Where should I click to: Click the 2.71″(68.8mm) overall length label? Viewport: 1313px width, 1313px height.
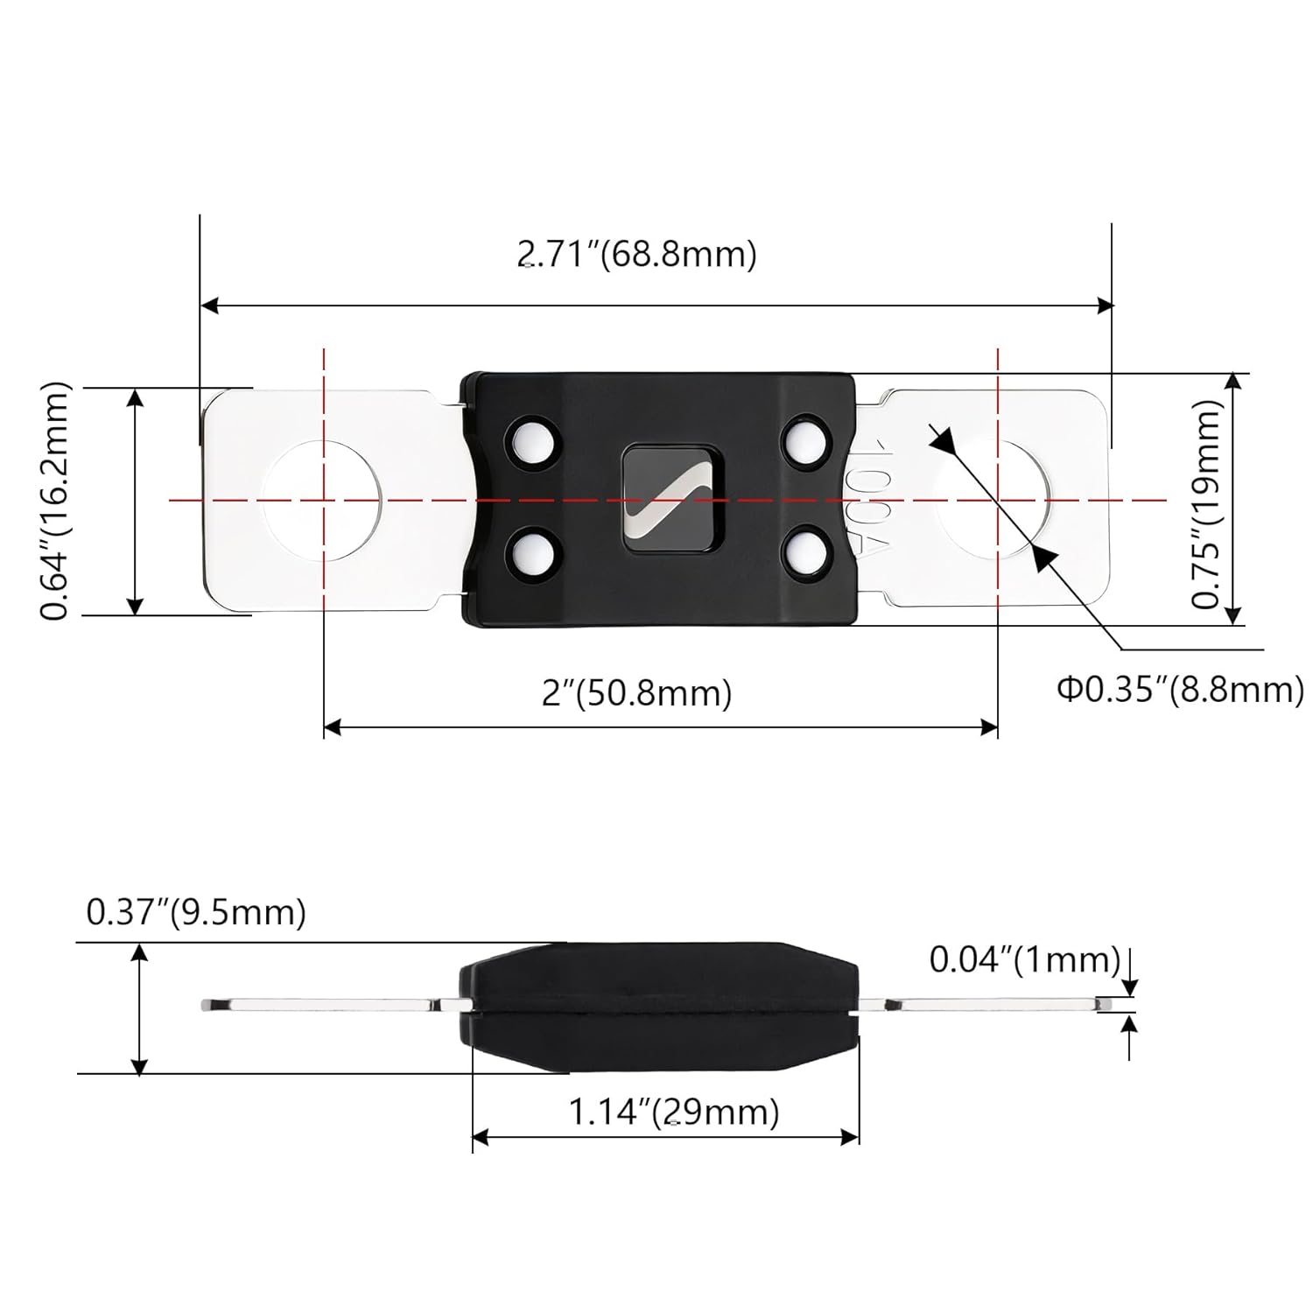(x=637, y=254)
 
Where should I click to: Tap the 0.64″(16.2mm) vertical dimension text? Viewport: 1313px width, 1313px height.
(x=56, y=501)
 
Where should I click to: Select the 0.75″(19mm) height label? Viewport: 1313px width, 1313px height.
(x=1206, y=504)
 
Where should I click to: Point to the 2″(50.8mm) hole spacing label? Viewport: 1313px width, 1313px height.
(x=637, y=693)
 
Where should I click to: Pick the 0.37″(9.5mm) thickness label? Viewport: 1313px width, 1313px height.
(x=196, y=913)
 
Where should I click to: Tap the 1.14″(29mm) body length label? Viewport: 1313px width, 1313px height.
(x=674, y=1112)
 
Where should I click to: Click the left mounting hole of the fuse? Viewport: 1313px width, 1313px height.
(x=323, y=500)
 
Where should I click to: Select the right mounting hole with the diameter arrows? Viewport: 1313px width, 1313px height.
(x=997, y=500)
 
